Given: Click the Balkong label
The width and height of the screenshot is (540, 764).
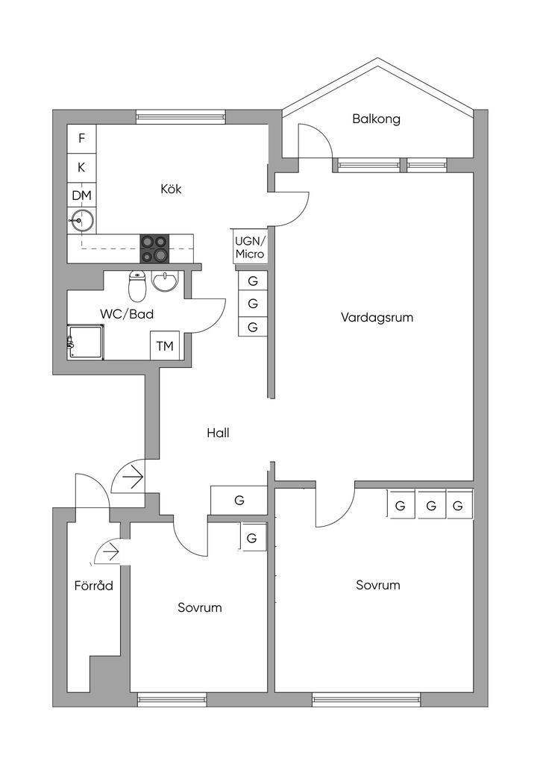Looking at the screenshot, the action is [x=377, y=119].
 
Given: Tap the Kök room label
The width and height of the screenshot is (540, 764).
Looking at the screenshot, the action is [x=171, y=188].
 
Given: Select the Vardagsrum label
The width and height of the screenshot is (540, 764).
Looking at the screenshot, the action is [x=377, y=318].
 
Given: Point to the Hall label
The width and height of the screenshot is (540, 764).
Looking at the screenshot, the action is [x=218, y=433].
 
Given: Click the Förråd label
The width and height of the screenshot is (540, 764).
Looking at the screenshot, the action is [x=93, y=585].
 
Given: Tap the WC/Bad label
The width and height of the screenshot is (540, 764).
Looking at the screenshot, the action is [x=127, y=314].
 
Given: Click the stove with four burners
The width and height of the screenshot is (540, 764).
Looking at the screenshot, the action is [x=155, y=248].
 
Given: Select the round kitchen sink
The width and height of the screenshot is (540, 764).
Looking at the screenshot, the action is [x=82, y=221].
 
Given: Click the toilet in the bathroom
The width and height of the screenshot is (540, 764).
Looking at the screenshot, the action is [x=137, y=286].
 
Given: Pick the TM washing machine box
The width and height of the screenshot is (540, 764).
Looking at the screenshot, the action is [x=165, y=346].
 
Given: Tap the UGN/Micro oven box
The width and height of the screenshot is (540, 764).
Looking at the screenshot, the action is [x=250, y=248].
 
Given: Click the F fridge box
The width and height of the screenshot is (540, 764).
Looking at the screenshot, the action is [x=82, y=139].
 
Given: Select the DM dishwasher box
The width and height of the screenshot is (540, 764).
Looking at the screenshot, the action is [x=82, y=196].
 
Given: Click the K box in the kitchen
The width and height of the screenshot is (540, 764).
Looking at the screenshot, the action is [x=82, y=168].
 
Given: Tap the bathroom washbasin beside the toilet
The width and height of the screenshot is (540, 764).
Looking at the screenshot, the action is [x=166, y=281].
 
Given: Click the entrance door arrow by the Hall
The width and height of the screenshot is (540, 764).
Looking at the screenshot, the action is [x=133, y=478].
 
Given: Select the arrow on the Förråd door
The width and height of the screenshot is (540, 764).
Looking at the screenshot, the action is [x=112, y=552].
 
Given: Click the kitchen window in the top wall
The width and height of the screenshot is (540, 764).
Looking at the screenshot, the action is [x=180, y=116].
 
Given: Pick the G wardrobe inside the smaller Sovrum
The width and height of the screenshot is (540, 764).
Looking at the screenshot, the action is [x=253, y=538].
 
